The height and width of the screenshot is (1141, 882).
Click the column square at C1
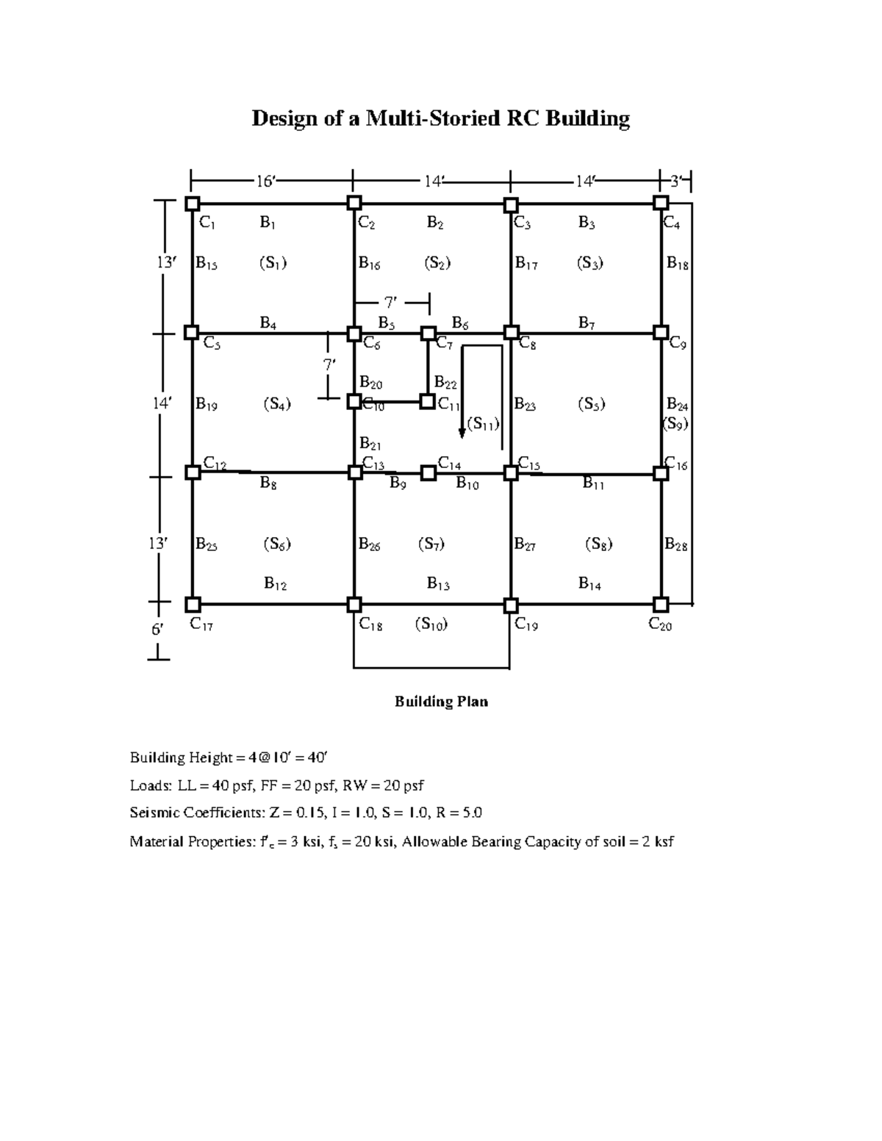click(192, 204)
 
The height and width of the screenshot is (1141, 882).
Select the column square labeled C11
click(427, 401)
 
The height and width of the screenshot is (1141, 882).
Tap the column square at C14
click(428, 472)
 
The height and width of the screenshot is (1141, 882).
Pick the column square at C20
click(661, 604)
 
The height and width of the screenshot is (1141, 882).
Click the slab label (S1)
click(273, 263)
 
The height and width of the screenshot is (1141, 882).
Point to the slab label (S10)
click(431, 625)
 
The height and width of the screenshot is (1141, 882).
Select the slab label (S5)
click(591, 404)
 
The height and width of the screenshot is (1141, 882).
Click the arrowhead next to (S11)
click(462, 433)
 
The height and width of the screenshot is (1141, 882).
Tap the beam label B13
click(438, 584)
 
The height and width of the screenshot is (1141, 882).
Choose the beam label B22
click(445, 382)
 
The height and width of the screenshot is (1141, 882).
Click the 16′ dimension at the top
click(265, 181)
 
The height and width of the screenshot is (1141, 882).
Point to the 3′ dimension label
click(677, 181)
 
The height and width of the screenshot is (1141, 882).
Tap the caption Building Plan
click(441, 702)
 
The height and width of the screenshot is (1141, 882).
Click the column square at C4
click(661, 203)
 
